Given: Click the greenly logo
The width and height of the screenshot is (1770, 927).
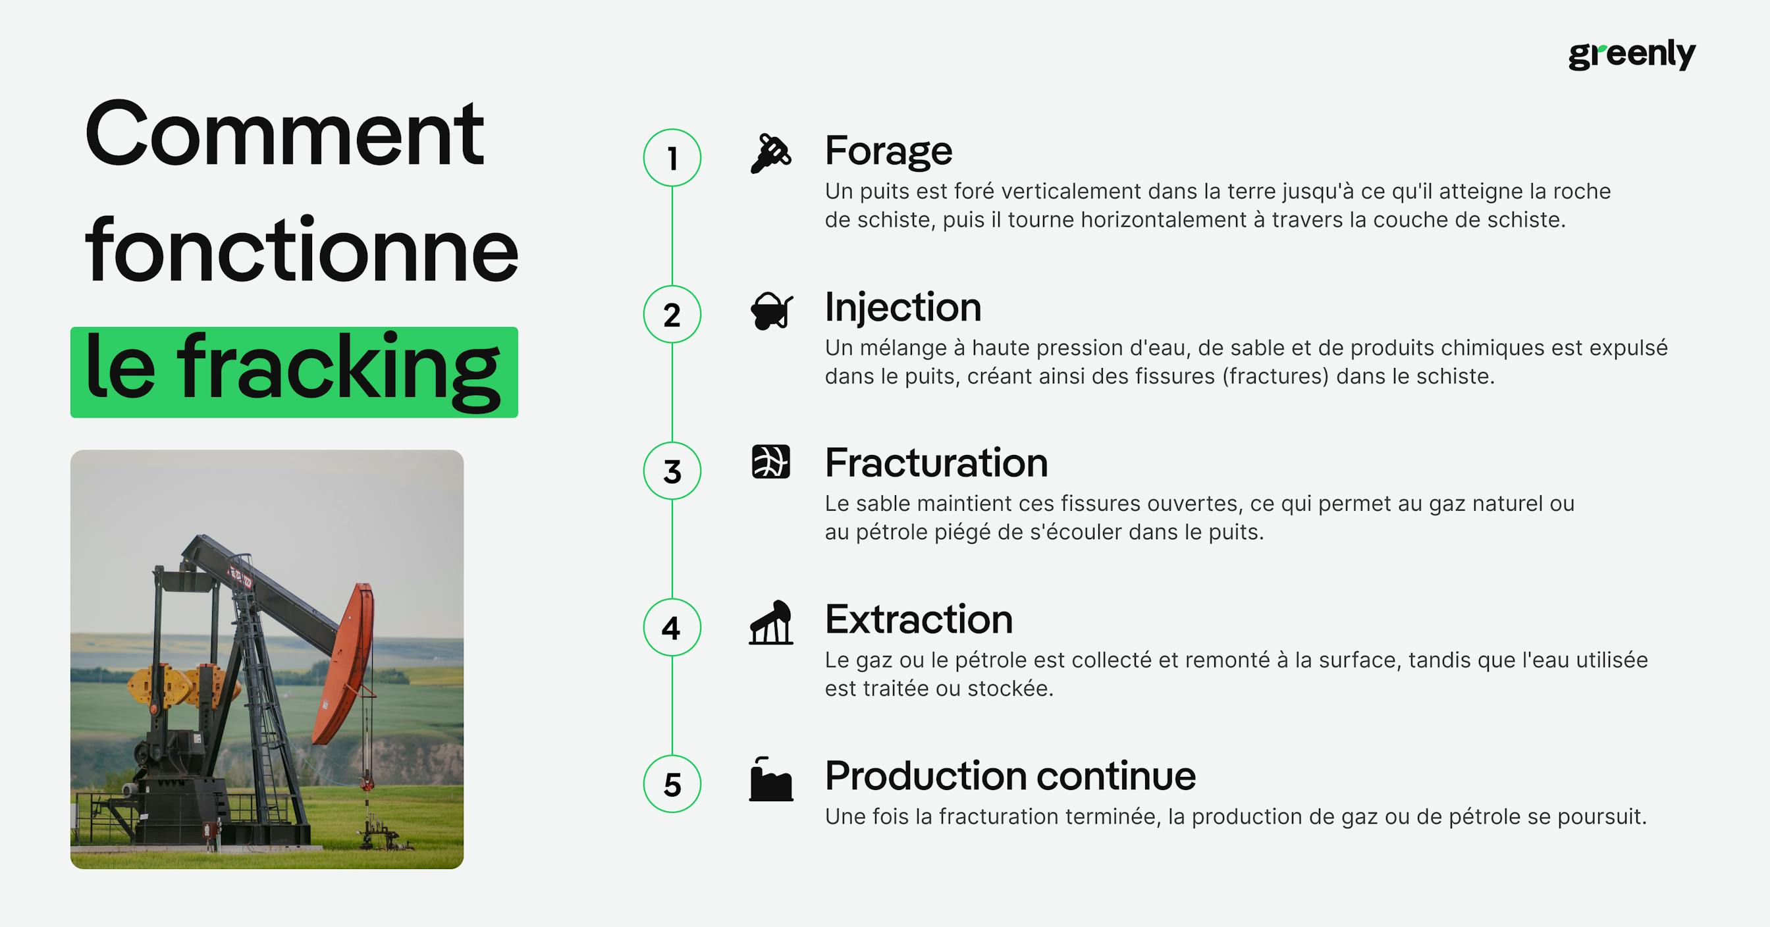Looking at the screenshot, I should click(1631, 55).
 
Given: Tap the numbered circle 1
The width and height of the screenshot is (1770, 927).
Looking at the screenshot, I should click(672, 158).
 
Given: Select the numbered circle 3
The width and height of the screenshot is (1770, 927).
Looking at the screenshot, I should click(672, 471).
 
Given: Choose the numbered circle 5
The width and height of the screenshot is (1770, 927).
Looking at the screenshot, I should click(672, 784).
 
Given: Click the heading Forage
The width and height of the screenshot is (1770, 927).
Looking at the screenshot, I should click(888, 151).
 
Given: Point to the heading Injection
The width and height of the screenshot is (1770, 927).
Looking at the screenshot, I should click(902, 307).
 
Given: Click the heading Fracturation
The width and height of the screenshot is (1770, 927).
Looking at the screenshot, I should click(936, 463).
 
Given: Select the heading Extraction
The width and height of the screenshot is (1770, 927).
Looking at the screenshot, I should click(919, 620).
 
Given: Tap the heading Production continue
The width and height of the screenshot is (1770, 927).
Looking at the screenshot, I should click(1009, 776).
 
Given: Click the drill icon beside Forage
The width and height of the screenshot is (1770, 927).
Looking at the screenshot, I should click(770, 153).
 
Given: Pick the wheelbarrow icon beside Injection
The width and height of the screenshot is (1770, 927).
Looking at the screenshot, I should click(771, 311).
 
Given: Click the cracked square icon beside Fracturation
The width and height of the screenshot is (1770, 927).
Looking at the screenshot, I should click(770, 462).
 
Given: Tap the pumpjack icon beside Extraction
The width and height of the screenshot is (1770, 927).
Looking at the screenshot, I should click(771, 623).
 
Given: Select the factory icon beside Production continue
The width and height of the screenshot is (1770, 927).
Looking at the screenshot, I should click(770, 780).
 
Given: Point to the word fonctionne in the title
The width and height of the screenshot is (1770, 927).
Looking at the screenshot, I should click(301, 251).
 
